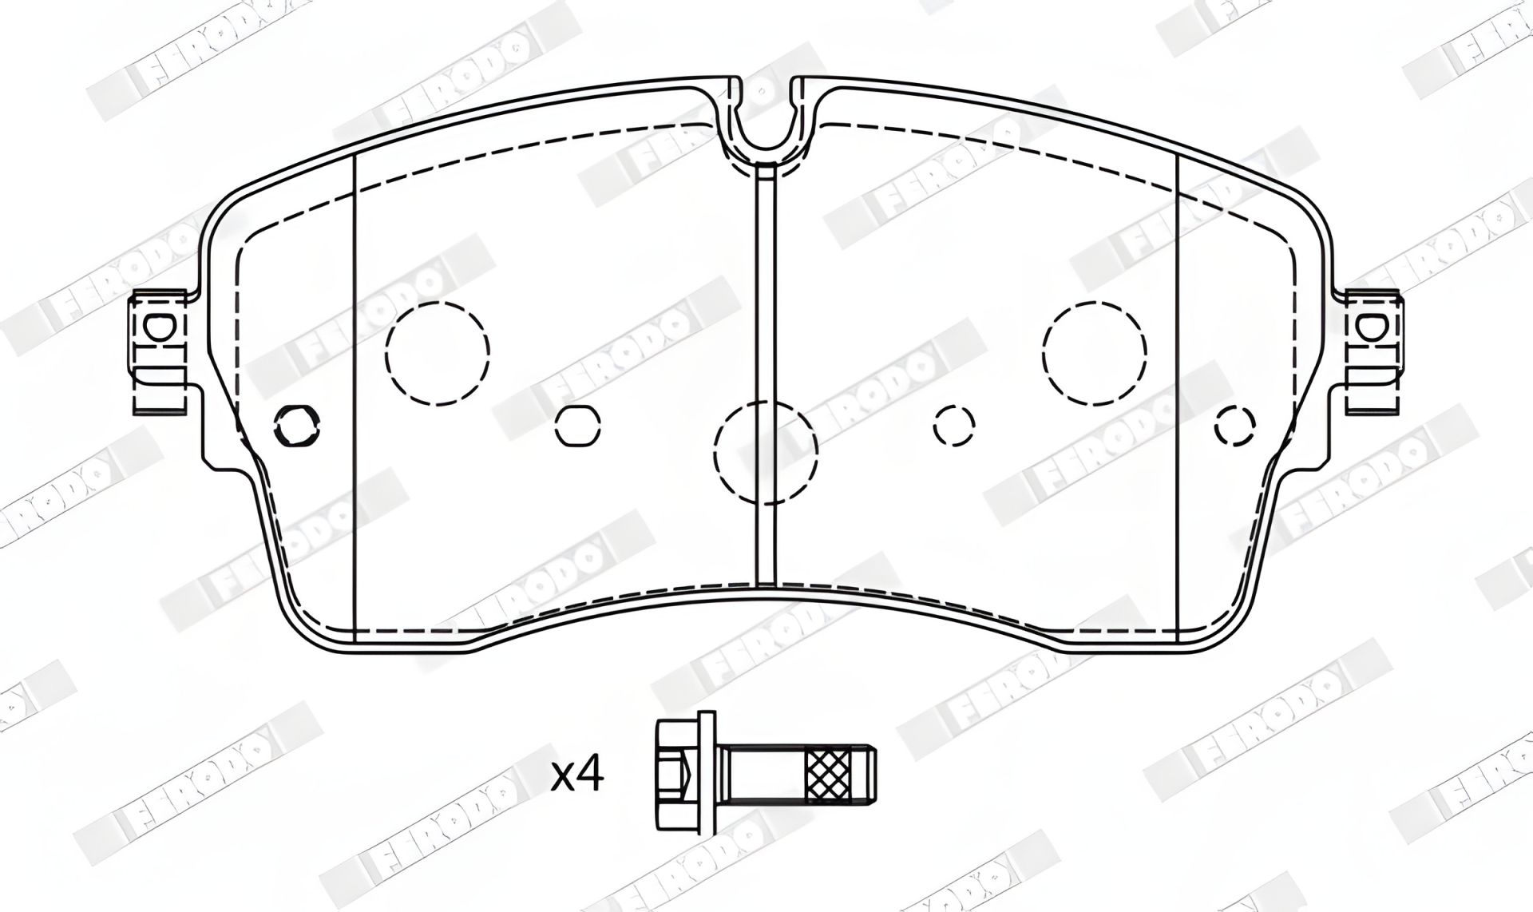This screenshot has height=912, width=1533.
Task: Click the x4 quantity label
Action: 576,775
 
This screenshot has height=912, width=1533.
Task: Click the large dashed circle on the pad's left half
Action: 437,351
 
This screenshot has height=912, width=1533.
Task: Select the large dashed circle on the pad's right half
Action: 1094,351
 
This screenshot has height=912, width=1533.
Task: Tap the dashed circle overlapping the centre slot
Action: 766,452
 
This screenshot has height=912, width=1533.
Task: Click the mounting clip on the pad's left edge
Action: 158,352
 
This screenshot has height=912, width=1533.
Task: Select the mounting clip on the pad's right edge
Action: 1373,352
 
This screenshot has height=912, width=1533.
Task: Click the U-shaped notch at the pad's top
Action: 766,128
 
